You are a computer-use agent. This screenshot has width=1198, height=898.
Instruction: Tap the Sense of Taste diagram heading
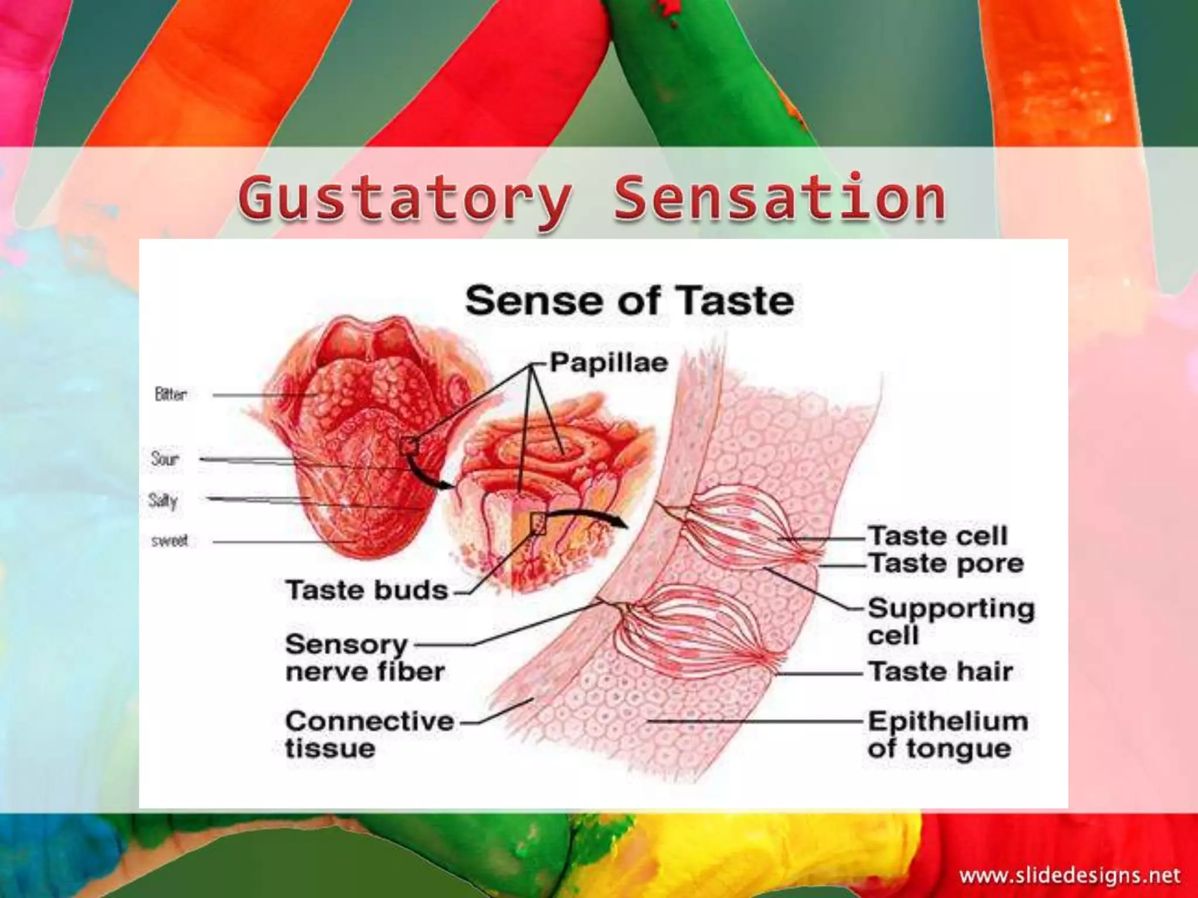coord(629,301)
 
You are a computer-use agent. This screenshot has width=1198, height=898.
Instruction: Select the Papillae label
coord(608,363)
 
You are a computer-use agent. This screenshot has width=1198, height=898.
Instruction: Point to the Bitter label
coord(171,395)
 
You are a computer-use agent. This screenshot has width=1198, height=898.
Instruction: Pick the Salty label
coord(163,500)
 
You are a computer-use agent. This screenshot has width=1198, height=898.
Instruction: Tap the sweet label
coord(170,541)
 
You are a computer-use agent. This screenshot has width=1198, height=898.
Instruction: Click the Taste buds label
coord(367,590)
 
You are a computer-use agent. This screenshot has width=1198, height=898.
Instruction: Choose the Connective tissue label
coord(369,734)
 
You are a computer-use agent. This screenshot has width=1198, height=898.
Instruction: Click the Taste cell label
coord(937,536)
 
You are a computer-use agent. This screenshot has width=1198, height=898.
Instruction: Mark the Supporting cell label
coord(951,621)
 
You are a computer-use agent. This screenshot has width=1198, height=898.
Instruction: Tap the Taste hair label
coord(940,672)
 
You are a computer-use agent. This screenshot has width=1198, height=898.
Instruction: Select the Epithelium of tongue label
coord(948,734)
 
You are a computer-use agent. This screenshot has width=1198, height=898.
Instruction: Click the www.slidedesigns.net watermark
coord(1070,876)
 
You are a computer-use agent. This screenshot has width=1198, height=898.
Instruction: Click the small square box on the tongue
coord(408,447)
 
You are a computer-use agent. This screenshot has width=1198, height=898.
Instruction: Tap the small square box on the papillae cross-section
coord(538,523)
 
